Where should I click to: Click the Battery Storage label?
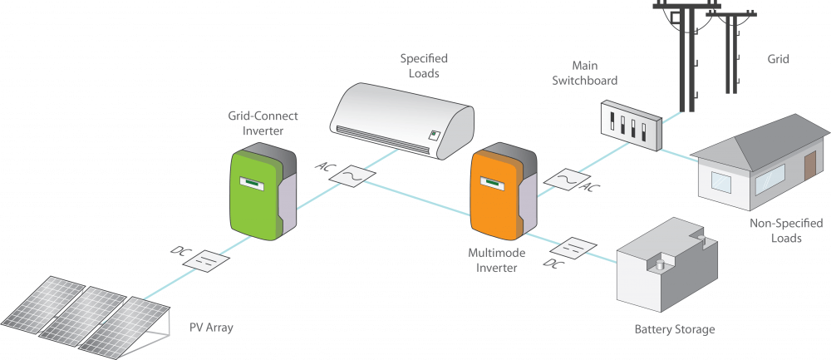click(x=674, y=329)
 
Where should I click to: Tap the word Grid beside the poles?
click(x=778, y=59)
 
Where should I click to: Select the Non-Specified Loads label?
click(x=774, y=230)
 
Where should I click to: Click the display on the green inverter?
click(x=252, y=180)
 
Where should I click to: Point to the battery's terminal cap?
click(x=661, y=264)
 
